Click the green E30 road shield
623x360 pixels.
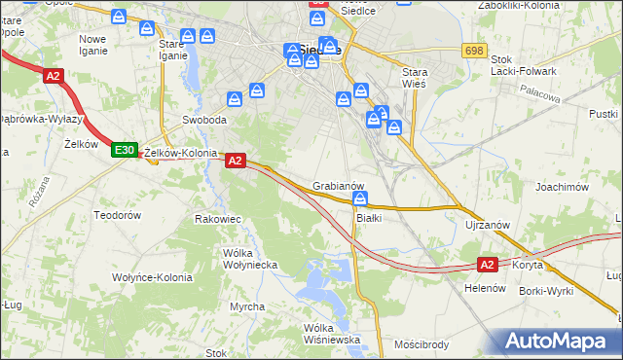(x=123, y=150)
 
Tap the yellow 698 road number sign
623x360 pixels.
(x=474, y=50)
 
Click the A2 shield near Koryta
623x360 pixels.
(x=489, y=264)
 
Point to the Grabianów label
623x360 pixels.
(x=339, y=185)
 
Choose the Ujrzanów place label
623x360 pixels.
(x=488, y=225)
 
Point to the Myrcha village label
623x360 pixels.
(x=247, y=307)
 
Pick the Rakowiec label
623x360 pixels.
(x=218, y=219)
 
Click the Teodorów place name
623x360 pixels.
(x=118, y=214)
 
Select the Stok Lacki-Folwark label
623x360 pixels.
(x=525, y=65)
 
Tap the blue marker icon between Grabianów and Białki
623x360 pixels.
(x=360, y=199)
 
